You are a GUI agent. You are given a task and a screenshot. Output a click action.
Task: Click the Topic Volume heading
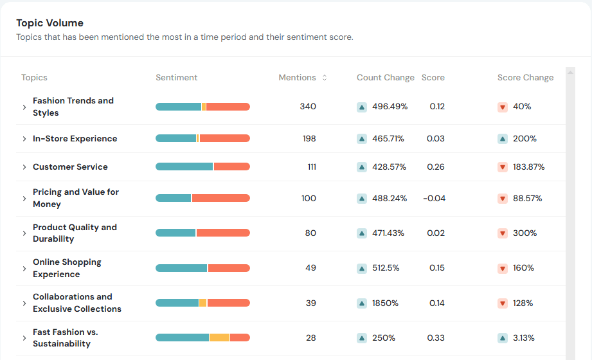(49, 23)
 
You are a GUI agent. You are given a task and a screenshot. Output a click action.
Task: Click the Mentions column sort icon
(325, 78)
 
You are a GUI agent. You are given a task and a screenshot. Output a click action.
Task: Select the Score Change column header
(525, 78)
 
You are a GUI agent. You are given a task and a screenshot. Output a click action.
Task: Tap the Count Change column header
(385, 78)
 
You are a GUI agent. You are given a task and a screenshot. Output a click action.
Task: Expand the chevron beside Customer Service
(24, 167)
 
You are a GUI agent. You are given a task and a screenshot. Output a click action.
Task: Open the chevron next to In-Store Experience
(24, 139)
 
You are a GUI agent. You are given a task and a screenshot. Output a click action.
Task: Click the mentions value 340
(308, 107)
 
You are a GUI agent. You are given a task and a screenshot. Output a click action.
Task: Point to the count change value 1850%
(385, 303)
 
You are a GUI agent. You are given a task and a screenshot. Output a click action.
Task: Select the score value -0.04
(434, 199)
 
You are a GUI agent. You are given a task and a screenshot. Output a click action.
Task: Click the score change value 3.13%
(523, 338)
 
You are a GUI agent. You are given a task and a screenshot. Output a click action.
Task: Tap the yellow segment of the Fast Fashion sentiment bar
(219, 337)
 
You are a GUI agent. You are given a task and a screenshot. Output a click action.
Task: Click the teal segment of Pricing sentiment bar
(174, 198)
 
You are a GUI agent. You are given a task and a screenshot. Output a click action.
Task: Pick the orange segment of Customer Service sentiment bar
(231, 166)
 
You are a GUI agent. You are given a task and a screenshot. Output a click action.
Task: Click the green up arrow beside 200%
(503, 139)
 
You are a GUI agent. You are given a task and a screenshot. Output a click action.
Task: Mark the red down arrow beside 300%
(503, 233)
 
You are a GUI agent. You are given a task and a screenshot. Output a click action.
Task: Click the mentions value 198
(309, 139)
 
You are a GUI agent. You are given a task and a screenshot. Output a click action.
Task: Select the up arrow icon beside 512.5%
(362, 268)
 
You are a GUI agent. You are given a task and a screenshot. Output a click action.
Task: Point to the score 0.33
(437, 338)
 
